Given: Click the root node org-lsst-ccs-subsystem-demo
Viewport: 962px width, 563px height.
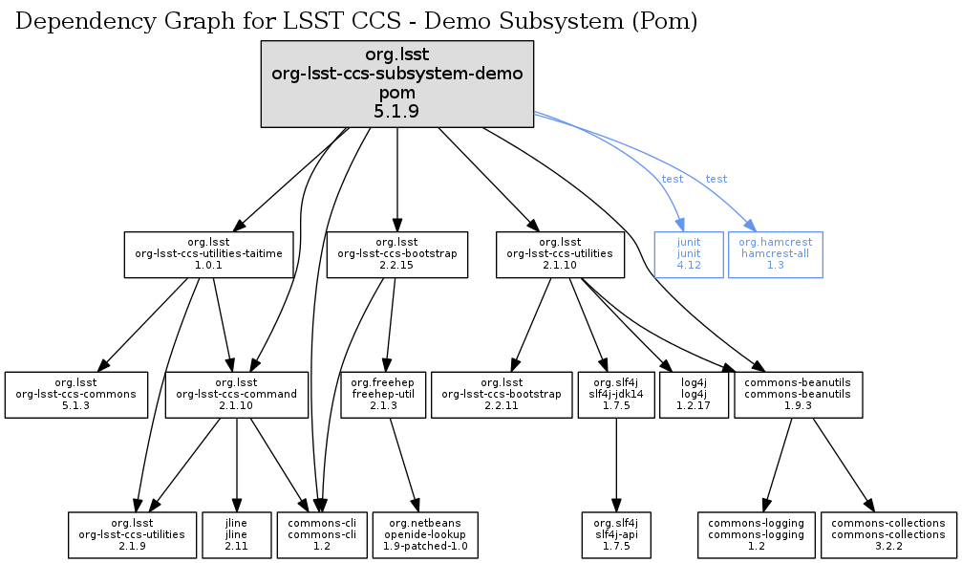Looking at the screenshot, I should pos(396,84).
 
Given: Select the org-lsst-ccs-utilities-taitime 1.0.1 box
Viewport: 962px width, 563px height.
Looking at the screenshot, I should pos(208,254).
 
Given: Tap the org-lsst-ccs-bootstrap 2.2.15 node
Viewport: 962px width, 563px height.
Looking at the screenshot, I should pos(396,254).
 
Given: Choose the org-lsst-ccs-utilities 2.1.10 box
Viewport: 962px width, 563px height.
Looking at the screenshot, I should pos(560,254).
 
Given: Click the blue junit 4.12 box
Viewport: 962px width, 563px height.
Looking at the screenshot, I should pos(689,254).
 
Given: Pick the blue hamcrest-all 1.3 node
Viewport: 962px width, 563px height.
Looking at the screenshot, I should pos(775,254).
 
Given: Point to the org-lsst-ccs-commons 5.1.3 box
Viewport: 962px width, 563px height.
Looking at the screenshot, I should pos(76,394).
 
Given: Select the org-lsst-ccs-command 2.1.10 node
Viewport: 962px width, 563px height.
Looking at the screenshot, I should pos(237,394).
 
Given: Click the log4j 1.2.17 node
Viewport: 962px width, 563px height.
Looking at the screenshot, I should pos(694,394).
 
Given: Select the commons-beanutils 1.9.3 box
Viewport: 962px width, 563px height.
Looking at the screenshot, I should pos(799,394).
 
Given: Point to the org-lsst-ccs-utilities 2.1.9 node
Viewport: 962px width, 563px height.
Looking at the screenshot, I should pos(134,534).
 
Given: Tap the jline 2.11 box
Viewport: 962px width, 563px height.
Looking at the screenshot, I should pos(236,534).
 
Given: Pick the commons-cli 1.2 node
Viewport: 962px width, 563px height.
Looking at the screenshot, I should pos(316,534).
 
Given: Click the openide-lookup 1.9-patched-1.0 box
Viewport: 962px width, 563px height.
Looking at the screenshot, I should pos(426,534).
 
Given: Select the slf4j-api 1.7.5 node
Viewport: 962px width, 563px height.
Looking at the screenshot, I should pos(616,534).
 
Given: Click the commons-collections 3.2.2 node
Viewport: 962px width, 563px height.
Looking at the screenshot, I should pos(888,534).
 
